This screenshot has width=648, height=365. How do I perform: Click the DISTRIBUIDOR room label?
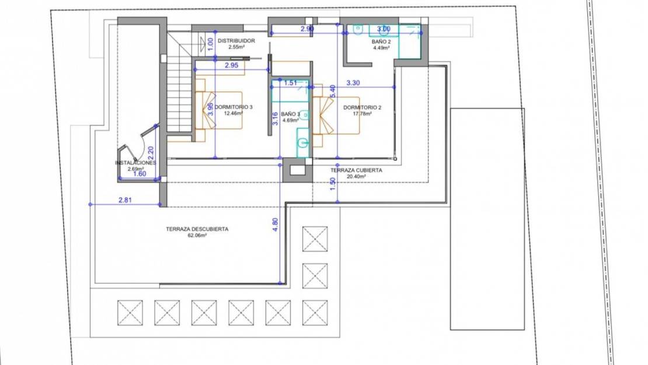[x=236, y=41]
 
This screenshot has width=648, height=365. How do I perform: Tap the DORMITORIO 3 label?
[x=234, y=107]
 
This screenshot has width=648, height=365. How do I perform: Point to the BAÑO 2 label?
[x=382, y=43]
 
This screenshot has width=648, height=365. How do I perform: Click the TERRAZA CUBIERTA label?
[x=356, y=170]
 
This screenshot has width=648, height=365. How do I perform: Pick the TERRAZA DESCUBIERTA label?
[x=197, y=229]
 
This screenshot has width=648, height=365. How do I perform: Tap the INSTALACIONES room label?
[x=135, y=163]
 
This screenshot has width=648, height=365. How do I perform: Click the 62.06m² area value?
[x=197, y=236]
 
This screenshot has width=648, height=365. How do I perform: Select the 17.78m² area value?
[x=363, y=114]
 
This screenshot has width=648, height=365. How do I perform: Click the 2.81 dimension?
[x=125, y=200]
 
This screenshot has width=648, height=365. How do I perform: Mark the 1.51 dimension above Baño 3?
[x=290, y=83]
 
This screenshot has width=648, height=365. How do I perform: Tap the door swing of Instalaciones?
[x=140, y=146]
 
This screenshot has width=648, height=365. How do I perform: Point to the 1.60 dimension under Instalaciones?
[x=140, y=174]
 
